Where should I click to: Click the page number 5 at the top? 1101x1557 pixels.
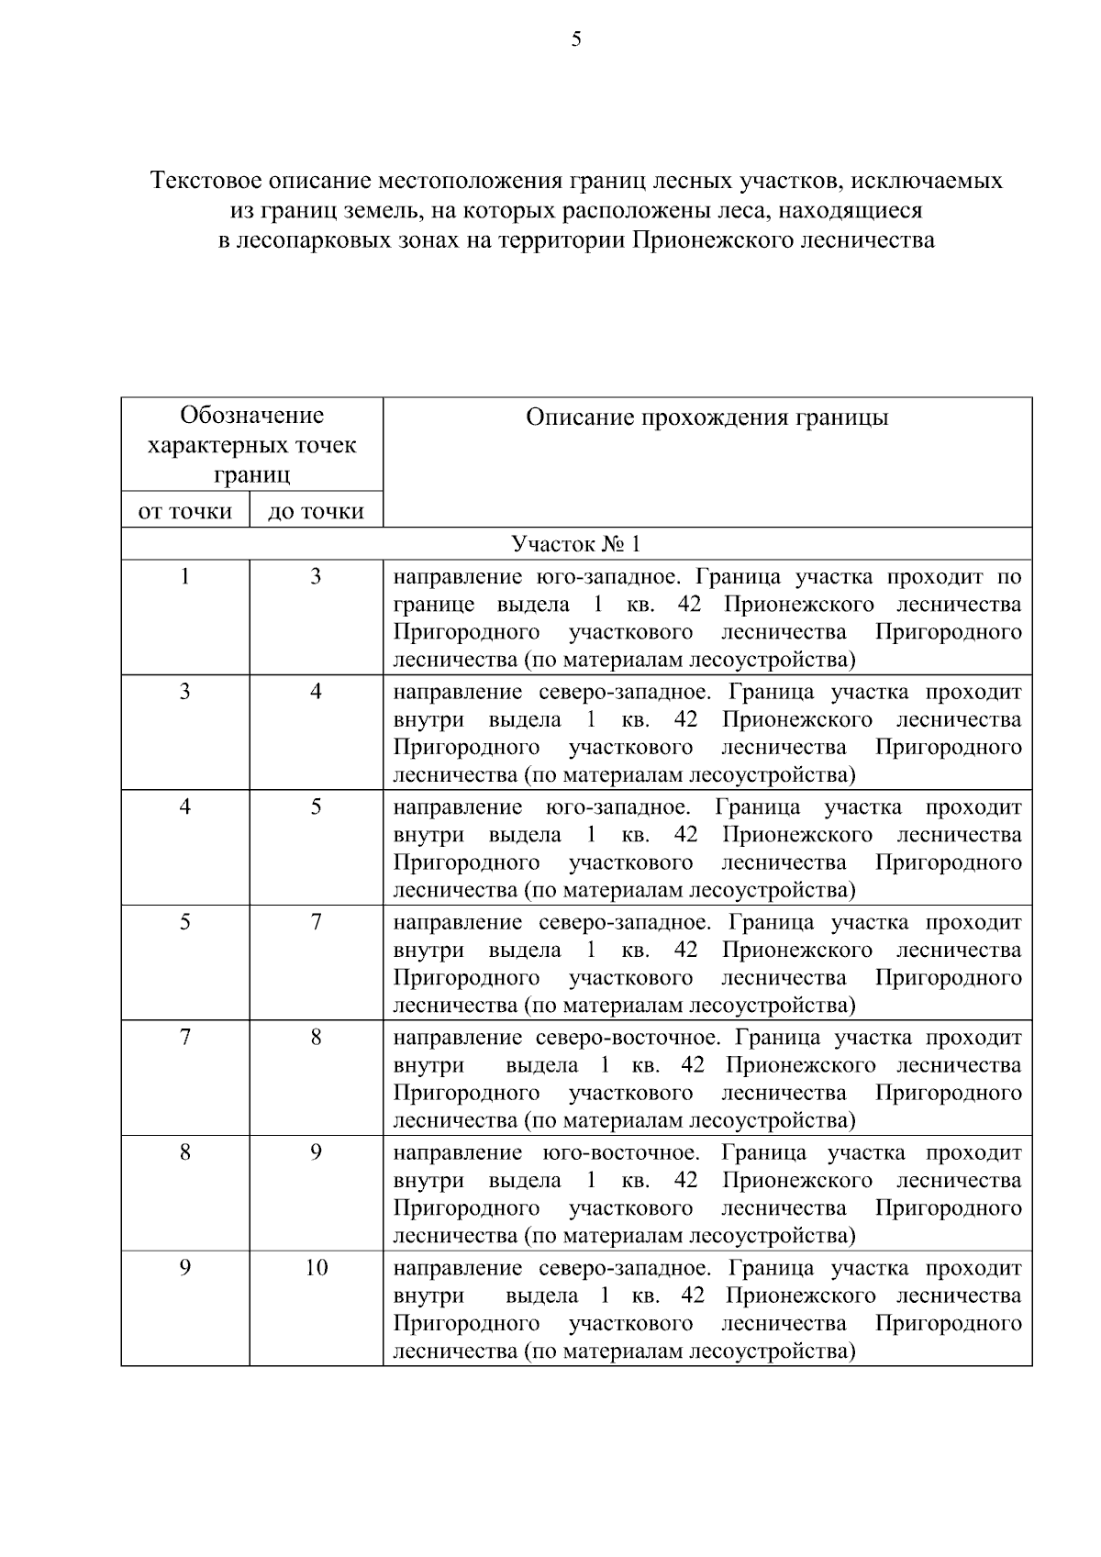click(576, 39)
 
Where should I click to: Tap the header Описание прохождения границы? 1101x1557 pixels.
click(706, 418)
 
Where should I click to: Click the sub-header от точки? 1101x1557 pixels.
click(185, 511)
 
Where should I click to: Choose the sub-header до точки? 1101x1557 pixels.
click(316, 511)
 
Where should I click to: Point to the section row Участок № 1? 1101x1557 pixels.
click(576, 544)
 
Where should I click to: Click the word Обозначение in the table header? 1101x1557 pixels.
click(251, 416)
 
